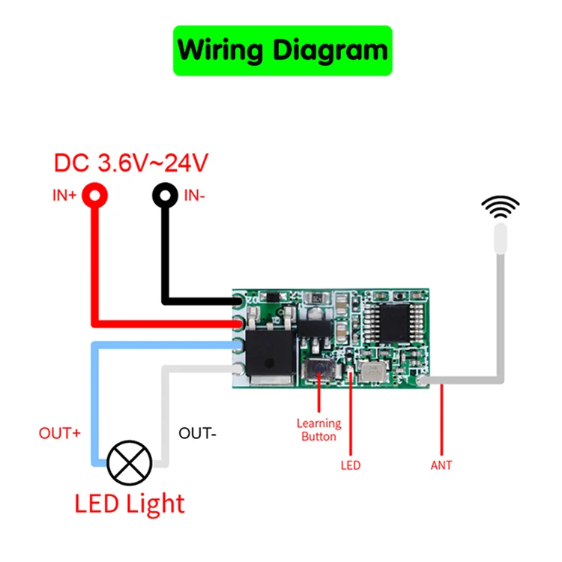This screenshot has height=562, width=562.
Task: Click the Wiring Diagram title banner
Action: pyautogui.click(x=282, y=50)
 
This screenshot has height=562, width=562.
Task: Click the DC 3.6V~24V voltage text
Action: pyautogui.click(x=131, y=162)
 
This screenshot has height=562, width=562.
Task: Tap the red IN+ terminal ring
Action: pyautogui.click(x=95, y=196)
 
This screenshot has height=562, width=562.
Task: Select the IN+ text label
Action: pyautogui.click(x=64, y=196)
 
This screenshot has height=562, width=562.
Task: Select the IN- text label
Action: pyautogui.click(x=194, y=196)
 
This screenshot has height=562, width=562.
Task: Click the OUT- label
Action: pyautogui.click(x=197, y=434)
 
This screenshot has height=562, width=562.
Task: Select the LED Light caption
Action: pyautogui.click(x=130, y=503)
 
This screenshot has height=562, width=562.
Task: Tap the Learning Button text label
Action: pyautogui.click(x=318, y=430)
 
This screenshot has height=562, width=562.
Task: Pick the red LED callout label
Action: pyautogui.click(x=350, y=465)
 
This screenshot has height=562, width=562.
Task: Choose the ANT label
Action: pyautogui.click(x=441, y=465)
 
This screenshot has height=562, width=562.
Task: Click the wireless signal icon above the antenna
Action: pyautogui.click(x=500, y=206)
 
